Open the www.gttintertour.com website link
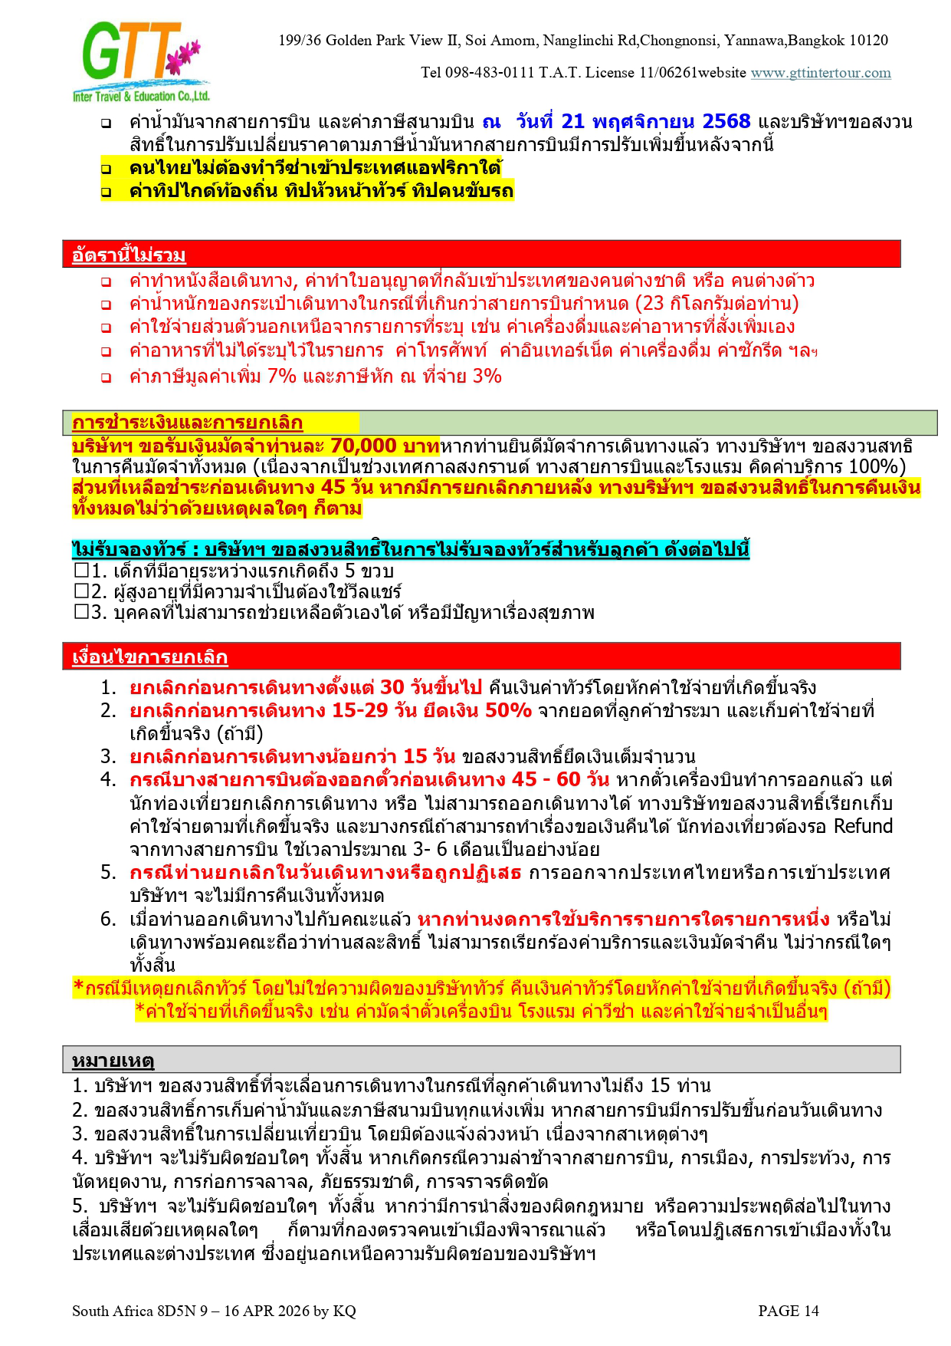(x=820, y=73)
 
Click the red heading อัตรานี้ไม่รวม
(x=129, y=255)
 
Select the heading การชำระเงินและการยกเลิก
(x=187, y=423)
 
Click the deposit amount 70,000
(x=363, y=446)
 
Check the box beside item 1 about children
(x=81, y=571)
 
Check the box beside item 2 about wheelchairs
(x=81, y=591)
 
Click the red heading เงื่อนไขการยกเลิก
(x=149, y=657)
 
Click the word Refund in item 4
(x=863, y=826)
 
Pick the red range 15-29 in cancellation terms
(x=359, y=710)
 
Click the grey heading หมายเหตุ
(x=113, y=1061)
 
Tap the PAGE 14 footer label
(x=788, y=1311)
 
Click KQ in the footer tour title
(x=345, y=1311)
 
